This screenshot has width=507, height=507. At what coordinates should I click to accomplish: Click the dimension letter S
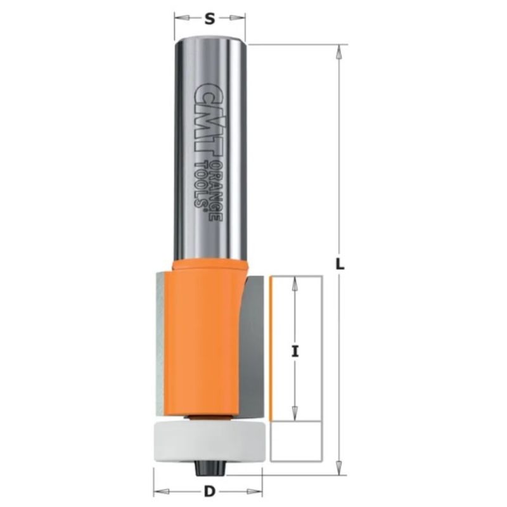point(210,19)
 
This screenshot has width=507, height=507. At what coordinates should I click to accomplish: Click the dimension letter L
point(340,265)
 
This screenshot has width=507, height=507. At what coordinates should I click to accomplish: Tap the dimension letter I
point(295,352)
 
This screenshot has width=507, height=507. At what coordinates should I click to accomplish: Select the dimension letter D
point(210,492)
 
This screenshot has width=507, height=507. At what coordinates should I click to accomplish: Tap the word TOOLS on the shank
point(201,184)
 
